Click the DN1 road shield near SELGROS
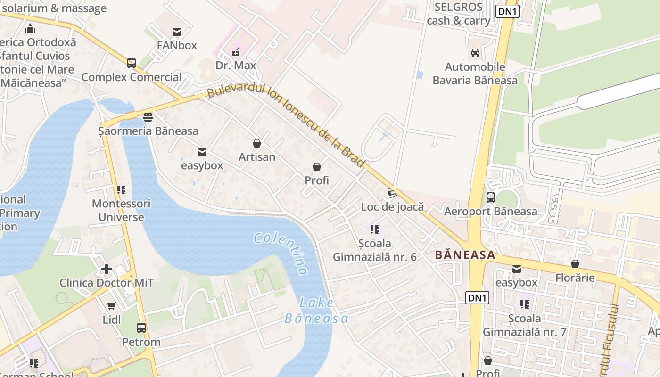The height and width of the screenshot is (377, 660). click(507, 11)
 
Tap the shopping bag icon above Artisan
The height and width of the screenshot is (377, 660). click(257, 143)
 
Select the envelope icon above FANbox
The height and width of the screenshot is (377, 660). click(177, 32)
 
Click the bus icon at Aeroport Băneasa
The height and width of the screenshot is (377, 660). click(490, 197)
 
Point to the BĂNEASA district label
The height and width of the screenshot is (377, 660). click(465, 255)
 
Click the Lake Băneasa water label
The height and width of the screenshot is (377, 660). click(316, 311)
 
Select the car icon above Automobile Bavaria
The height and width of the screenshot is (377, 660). click(475, 53)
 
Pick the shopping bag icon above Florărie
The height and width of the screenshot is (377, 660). click(575, 264)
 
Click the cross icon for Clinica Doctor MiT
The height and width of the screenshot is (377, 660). click(107, 269)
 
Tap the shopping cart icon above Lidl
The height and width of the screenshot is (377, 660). click(112, 306)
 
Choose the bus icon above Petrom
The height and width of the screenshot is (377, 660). click(141, 328)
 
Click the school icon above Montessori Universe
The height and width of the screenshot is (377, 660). click(121, 190)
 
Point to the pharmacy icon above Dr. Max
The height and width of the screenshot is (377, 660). click(235, 52)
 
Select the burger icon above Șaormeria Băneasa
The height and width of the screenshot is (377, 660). click(148, 117)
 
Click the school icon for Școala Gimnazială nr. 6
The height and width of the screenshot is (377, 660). click(375, 229)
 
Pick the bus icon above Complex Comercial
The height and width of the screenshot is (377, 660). click(131, 63)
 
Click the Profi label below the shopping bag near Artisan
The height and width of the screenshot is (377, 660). click(317, 180)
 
